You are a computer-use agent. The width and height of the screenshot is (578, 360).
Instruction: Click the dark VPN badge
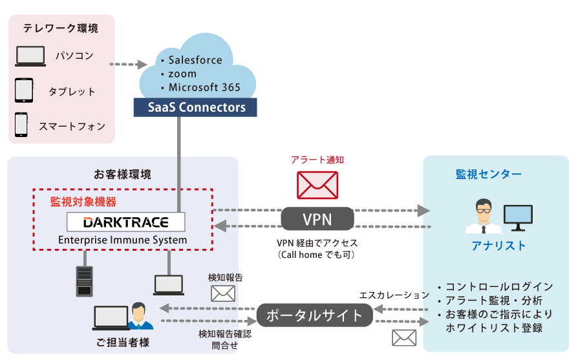click(317, 219)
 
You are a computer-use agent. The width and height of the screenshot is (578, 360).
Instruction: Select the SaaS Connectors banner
click(195, 107)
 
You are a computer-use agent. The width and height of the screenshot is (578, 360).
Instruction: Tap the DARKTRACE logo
click(126, 222)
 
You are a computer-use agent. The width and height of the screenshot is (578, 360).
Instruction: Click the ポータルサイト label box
click(314, 315)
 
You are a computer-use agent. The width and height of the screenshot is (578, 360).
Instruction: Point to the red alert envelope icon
click(317, 184)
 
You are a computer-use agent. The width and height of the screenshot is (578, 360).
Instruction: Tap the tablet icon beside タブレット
click(24, 90)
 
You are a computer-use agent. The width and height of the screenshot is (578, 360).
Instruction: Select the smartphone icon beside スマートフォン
click(22, 125)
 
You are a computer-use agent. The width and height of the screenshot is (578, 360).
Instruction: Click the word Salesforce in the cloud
click(195, 60)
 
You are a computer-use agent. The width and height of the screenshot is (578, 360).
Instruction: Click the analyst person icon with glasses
click(482, 216)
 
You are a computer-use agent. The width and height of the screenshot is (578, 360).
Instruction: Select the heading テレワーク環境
click(61, 28)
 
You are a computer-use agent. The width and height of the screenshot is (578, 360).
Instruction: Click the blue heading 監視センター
click(489, 174)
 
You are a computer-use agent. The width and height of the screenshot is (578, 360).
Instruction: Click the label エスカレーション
click(394, 295)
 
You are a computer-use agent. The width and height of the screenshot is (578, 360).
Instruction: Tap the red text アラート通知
click(317, 160)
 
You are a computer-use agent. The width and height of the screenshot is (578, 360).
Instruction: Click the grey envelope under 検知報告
click(223, 293)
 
